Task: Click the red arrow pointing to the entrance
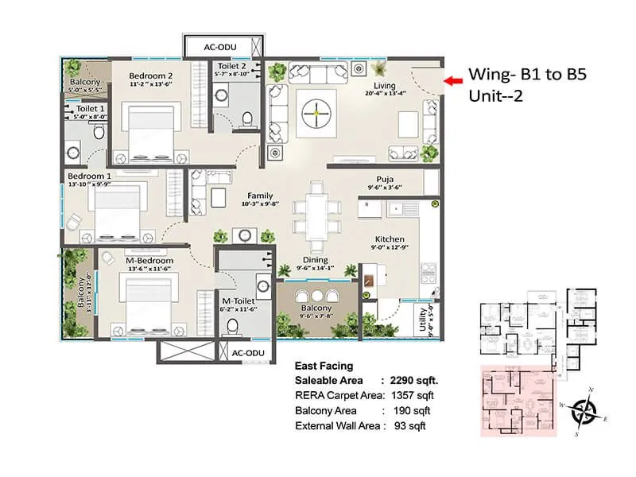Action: (453, 80)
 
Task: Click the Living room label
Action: (386, 86)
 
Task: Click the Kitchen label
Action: (390, 238)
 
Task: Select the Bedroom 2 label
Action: (151, 76)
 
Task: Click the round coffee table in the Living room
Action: (316, 114)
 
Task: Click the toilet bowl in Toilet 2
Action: (247, 120)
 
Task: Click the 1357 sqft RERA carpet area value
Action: (416, 396)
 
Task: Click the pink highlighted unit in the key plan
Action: (517, 401)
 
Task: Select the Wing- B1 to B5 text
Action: (518, 76)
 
